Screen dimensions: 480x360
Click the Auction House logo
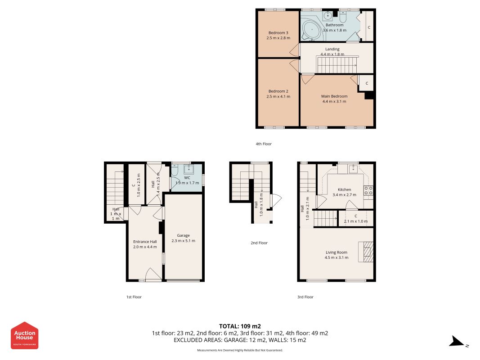coord(24,335)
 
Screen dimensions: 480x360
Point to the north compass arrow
coord(458,342)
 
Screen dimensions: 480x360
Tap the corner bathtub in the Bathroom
coord(312,30)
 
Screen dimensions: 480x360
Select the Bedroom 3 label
coord(278,33)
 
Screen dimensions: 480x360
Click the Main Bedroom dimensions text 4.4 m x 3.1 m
coord(334,101)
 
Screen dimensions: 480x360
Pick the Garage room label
coord(184,235)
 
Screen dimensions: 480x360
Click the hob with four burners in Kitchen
coord(368,191)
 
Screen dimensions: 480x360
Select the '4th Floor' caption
coord(264,144)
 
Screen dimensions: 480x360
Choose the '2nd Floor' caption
coord(259,243)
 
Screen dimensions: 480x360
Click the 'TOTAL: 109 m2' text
coord(240,326)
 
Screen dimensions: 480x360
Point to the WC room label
coord(187,178)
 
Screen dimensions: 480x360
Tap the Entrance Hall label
coord(145,242)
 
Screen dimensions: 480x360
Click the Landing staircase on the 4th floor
coord(337,65)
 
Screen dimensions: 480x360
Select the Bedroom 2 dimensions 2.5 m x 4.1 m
coord(278,96)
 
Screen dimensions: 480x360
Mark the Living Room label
coord(336,252)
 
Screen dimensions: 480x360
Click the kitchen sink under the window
coord(353,168)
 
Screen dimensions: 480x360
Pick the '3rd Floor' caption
coord(305,297)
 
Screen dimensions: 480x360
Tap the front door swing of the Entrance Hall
coord(153,274)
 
